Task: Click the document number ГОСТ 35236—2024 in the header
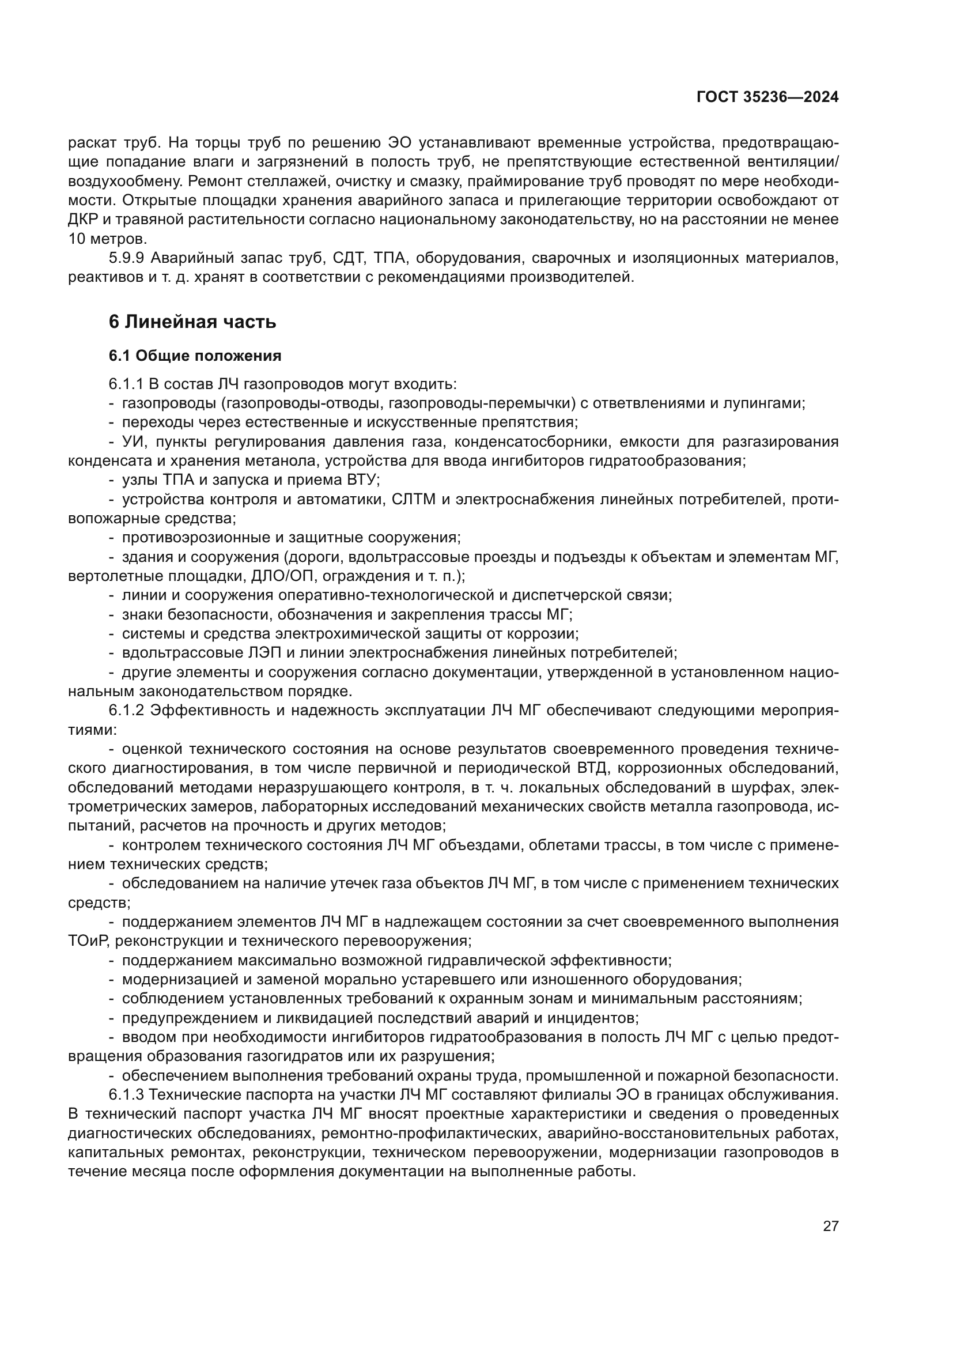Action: pyautogui.click(x=767, y=97)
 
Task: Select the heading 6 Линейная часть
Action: pyautogui.click(x=192, y=322)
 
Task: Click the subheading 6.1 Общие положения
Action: pyautogui.click(x=195, y=356)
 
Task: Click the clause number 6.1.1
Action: pyautogui.click(x=126, y=384)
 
